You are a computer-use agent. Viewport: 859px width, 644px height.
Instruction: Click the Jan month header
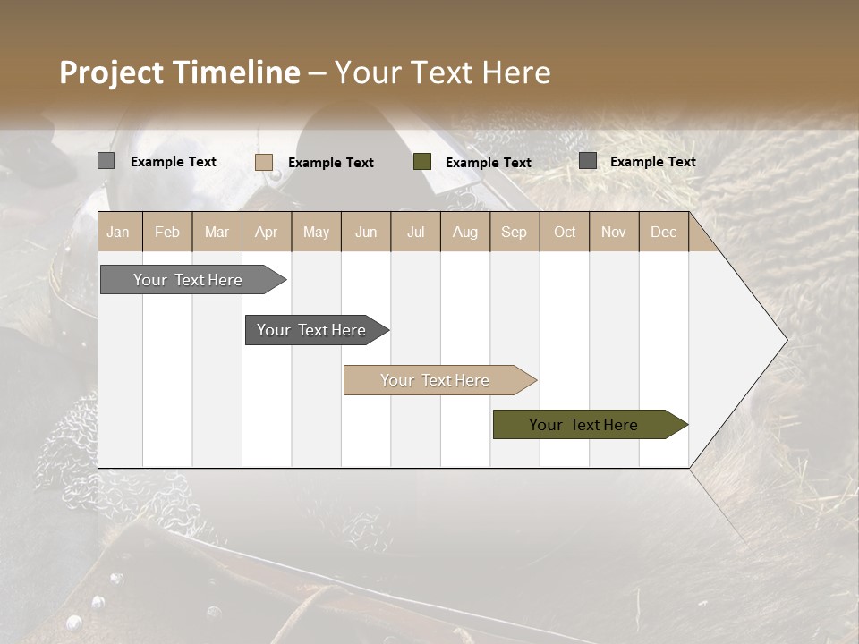point(119,232)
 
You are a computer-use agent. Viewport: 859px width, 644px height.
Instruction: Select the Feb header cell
point(167,232)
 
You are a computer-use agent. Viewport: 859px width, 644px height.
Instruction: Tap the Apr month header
point(267,232)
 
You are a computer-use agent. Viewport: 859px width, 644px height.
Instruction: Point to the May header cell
point(316,232)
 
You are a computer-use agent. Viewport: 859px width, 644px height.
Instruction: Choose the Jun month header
point(366,232)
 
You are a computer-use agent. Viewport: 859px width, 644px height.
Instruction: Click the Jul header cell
point(415,232)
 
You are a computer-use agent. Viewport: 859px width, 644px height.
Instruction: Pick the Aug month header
point(465,232)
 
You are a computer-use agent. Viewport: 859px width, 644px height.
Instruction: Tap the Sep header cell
point(515,232)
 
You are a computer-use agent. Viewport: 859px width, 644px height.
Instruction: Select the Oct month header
point(565,232)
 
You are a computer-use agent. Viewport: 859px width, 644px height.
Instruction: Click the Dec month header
point(664,232)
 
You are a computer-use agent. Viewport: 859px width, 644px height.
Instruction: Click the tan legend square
point(264,162)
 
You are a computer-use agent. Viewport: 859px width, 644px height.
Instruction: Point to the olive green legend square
point(422,162)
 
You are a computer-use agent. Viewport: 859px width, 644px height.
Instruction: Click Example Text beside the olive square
point(489,163)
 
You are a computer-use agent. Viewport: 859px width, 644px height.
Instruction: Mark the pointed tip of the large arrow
point(786,340)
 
